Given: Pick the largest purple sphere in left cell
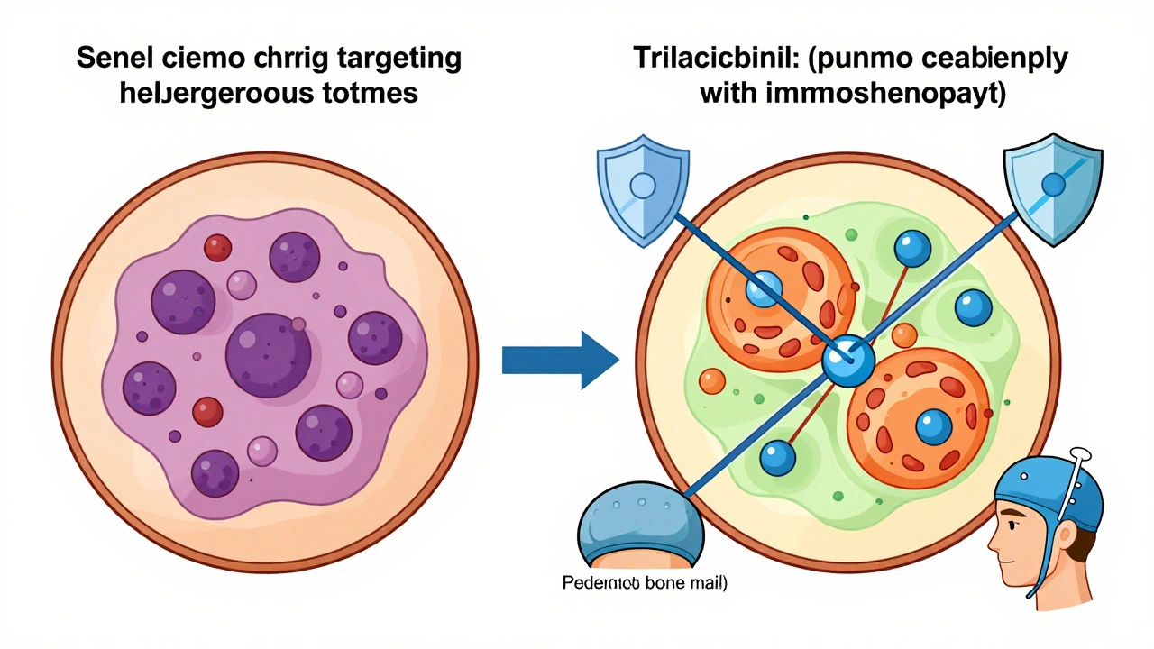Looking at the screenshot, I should (x=268, y=350).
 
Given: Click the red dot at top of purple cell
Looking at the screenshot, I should (x=217, y=247).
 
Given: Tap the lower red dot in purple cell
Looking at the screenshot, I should (x=207, y=412).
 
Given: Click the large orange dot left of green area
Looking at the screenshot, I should (x=712, y=380).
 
